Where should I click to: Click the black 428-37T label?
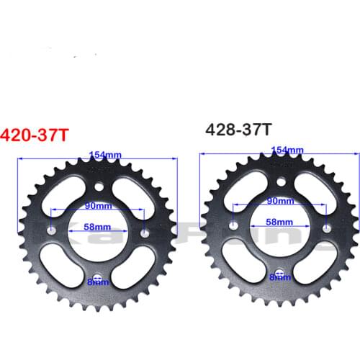[238, 130]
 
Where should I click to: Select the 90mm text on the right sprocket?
[280, 202]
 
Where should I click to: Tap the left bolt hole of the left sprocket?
[52, 232]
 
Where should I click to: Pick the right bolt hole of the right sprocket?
[327, 229]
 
